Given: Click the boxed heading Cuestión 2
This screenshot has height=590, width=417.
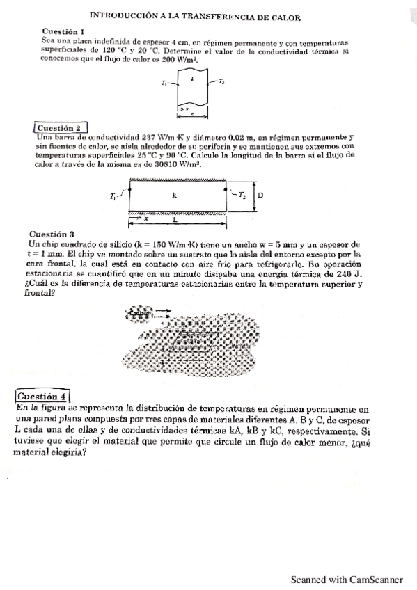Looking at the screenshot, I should tap(61, 128).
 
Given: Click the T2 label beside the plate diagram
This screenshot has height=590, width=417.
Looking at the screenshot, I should tap(221, 81).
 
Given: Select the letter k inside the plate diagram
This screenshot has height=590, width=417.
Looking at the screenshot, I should tap(192, 79).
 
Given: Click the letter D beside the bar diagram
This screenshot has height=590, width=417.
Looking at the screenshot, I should tap(260, 196).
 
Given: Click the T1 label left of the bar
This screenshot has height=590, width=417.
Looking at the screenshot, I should tap(113, 197).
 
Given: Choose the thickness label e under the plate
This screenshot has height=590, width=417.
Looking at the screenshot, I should tap(193, 113).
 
